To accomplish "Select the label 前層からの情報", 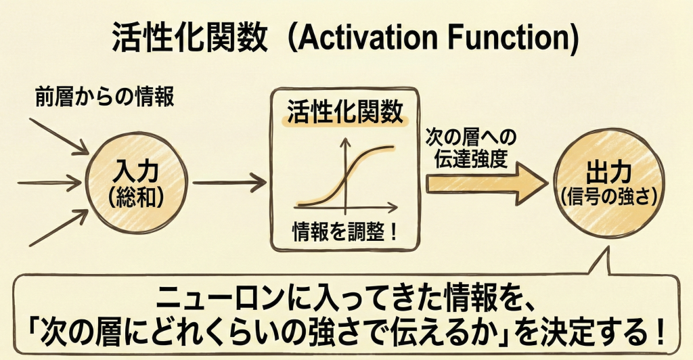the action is (x=105, y=97).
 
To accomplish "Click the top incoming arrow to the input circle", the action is (x=60, y=137).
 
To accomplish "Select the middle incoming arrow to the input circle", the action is (x=49, y=183).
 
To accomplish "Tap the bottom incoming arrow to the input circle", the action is (x=59, y=227).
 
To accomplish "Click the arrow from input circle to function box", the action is (x=229, y=183).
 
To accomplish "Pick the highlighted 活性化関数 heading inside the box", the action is (x=345, y=111).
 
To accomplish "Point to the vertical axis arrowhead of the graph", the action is (x=345, y=142).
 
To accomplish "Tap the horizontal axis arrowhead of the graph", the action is (x=393, y=206).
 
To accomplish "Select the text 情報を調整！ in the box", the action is (x=345, y=232).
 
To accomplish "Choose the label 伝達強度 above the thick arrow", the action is (x=470, y=158).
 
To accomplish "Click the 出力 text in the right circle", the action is (x=608, y=173).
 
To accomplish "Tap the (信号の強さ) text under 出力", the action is (x=608, y=197).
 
